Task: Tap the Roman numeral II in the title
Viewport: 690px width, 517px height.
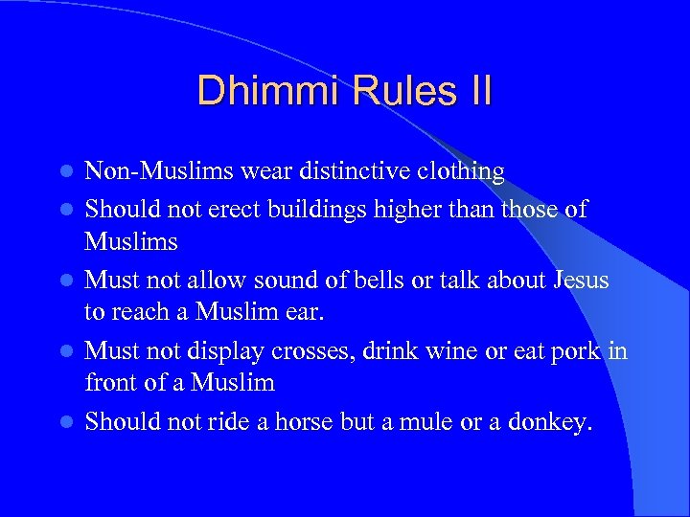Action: coord(475,91)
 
